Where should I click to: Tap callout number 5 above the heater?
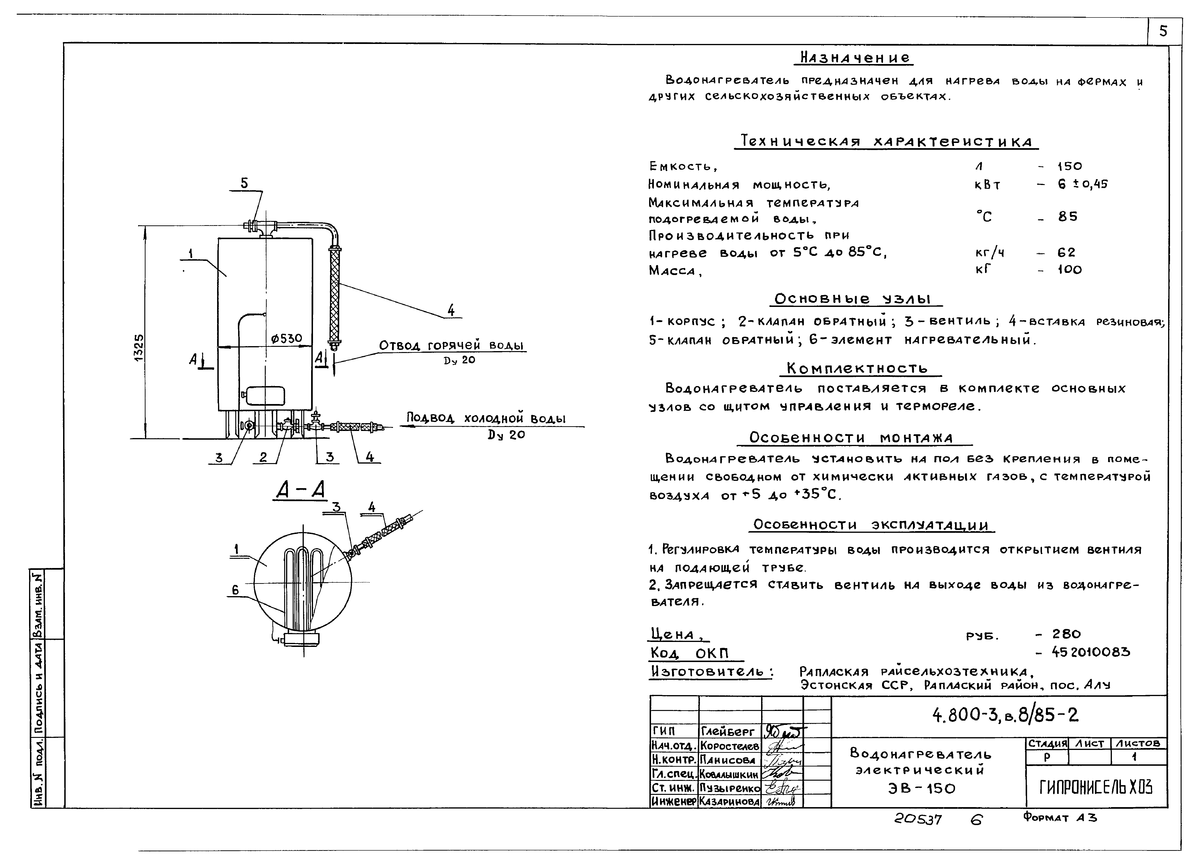tap(244, 183)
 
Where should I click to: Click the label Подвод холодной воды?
tap(486, 418)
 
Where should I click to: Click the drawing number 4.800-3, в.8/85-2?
tap(1005, 716)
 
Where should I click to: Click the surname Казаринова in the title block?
tap(729, 801)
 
